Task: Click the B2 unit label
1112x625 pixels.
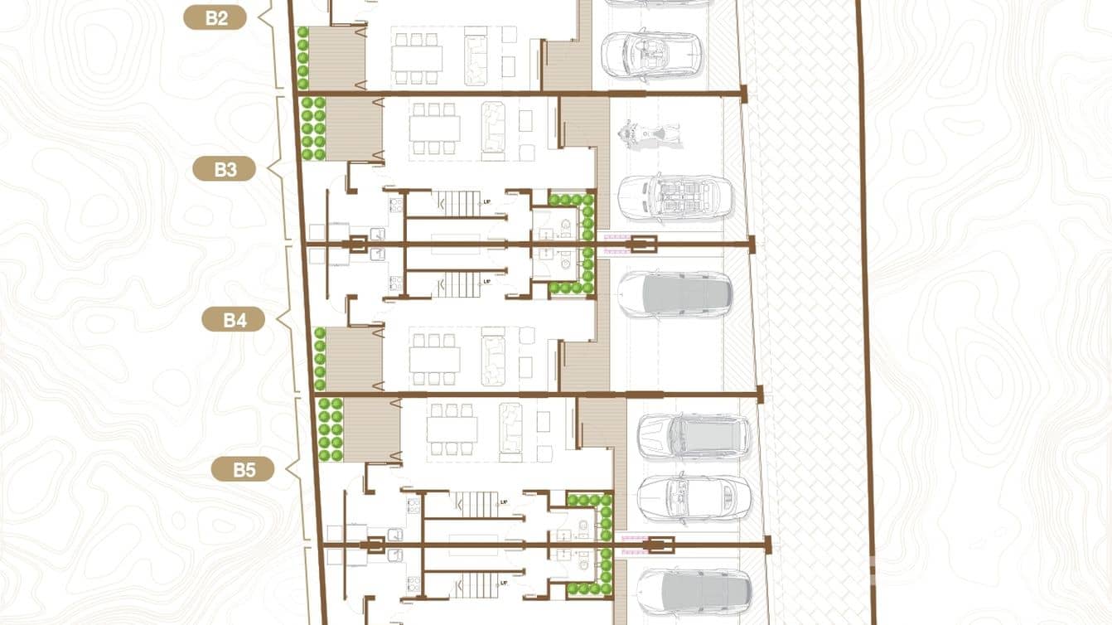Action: [x=215, y=17]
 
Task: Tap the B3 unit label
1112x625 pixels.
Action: [x=225, y=169]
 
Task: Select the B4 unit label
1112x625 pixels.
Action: [x=234, y=319]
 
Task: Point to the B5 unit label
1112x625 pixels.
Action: [x=243, y=470]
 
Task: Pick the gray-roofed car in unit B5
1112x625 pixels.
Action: [x=693, y=436]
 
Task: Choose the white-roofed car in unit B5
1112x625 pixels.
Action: [x=693, y=498]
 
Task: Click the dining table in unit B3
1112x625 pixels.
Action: [x=434, y=128]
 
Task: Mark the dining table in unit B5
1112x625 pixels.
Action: [x=452, y=429]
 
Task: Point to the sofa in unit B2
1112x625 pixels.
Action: [x=476, y=56]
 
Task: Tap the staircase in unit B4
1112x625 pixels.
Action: [x=458, y=284]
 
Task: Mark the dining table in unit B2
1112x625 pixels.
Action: [x=417, y=58]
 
